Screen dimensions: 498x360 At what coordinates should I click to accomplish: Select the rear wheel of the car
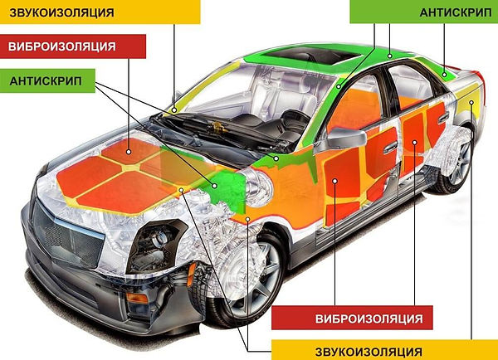[455, 161]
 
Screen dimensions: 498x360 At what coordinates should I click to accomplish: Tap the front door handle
[390, 148]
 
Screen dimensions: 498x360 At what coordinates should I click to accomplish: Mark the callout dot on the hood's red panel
[129, 152]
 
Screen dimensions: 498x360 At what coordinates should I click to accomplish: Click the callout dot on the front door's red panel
[334, 181]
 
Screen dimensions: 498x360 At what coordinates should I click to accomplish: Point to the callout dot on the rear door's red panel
[414, 142]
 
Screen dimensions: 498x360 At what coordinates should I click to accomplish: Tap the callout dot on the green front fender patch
[215, 186]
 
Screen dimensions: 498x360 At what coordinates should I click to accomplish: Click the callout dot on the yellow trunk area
[471, 103]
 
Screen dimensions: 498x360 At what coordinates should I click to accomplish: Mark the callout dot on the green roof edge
[390, 56]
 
